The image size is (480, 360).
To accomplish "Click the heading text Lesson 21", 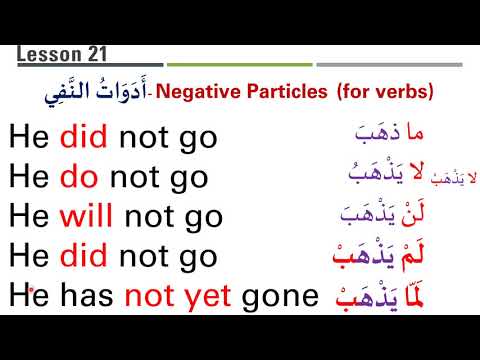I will point(62,55).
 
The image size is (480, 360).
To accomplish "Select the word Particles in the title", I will point(284,92).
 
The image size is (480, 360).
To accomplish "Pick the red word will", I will point(86,216).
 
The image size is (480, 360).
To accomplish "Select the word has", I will point(84,295).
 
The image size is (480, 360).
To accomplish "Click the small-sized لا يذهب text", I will point(447,178).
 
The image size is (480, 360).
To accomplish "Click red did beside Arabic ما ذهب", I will point(83,137).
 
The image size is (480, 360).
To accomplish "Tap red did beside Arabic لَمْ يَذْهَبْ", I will point(83,256).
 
